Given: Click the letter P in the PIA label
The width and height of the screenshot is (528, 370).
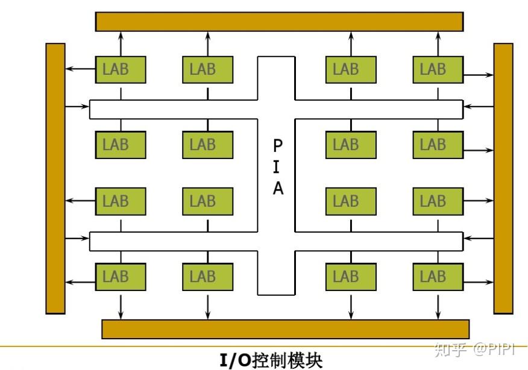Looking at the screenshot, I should [x=277, y=145].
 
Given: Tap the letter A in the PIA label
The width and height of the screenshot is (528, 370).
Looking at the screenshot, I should [x=277, y=189].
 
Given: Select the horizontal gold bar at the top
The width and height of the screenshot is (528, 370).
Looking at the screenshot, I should [x=279, y=21].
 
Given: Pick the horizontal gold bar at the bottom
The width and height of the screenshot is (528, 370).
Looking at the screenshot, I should [x=285, y=329].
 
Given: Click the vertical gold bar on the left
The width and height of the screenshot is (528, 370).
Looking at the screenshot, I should [x=55, y=178].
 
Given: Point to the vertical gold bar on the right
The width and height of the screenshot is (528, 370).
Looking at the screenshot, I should [x=503, y=178].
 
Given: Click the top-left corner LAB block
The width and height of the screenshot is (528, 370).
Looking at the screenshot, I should [x=121, y=69].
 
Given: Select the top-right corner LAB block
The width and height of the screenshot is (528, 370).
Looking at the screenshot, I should [x=438, y=69].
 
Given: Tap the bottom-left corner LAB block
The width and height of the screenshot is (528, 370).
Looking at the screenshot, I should [x=121, y=277].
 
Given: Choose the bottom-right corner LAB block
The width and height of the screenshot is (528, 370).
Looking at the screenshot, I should [x=438, y=277].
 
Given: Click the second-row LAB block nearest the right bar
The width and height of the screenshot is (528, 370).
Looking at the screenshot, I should [x=438, y=145].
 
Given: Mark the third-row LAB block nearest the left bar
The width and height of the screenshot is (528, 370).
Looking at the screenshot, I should [x=121, y=201].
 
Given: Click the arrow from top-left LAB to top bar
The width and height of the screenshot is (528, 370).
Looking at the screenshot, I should [x=121, y=43].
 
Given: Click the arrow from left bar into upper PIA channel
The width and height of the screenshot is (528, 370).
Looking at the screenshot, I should [x=77, y=107].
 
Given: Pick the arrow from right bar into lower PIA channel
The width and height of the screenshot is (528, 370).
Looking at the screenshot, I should [x=479, y=239].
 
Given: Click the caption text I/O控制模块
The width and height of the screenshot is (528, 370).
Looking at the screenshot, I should [x=271, y=360].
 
